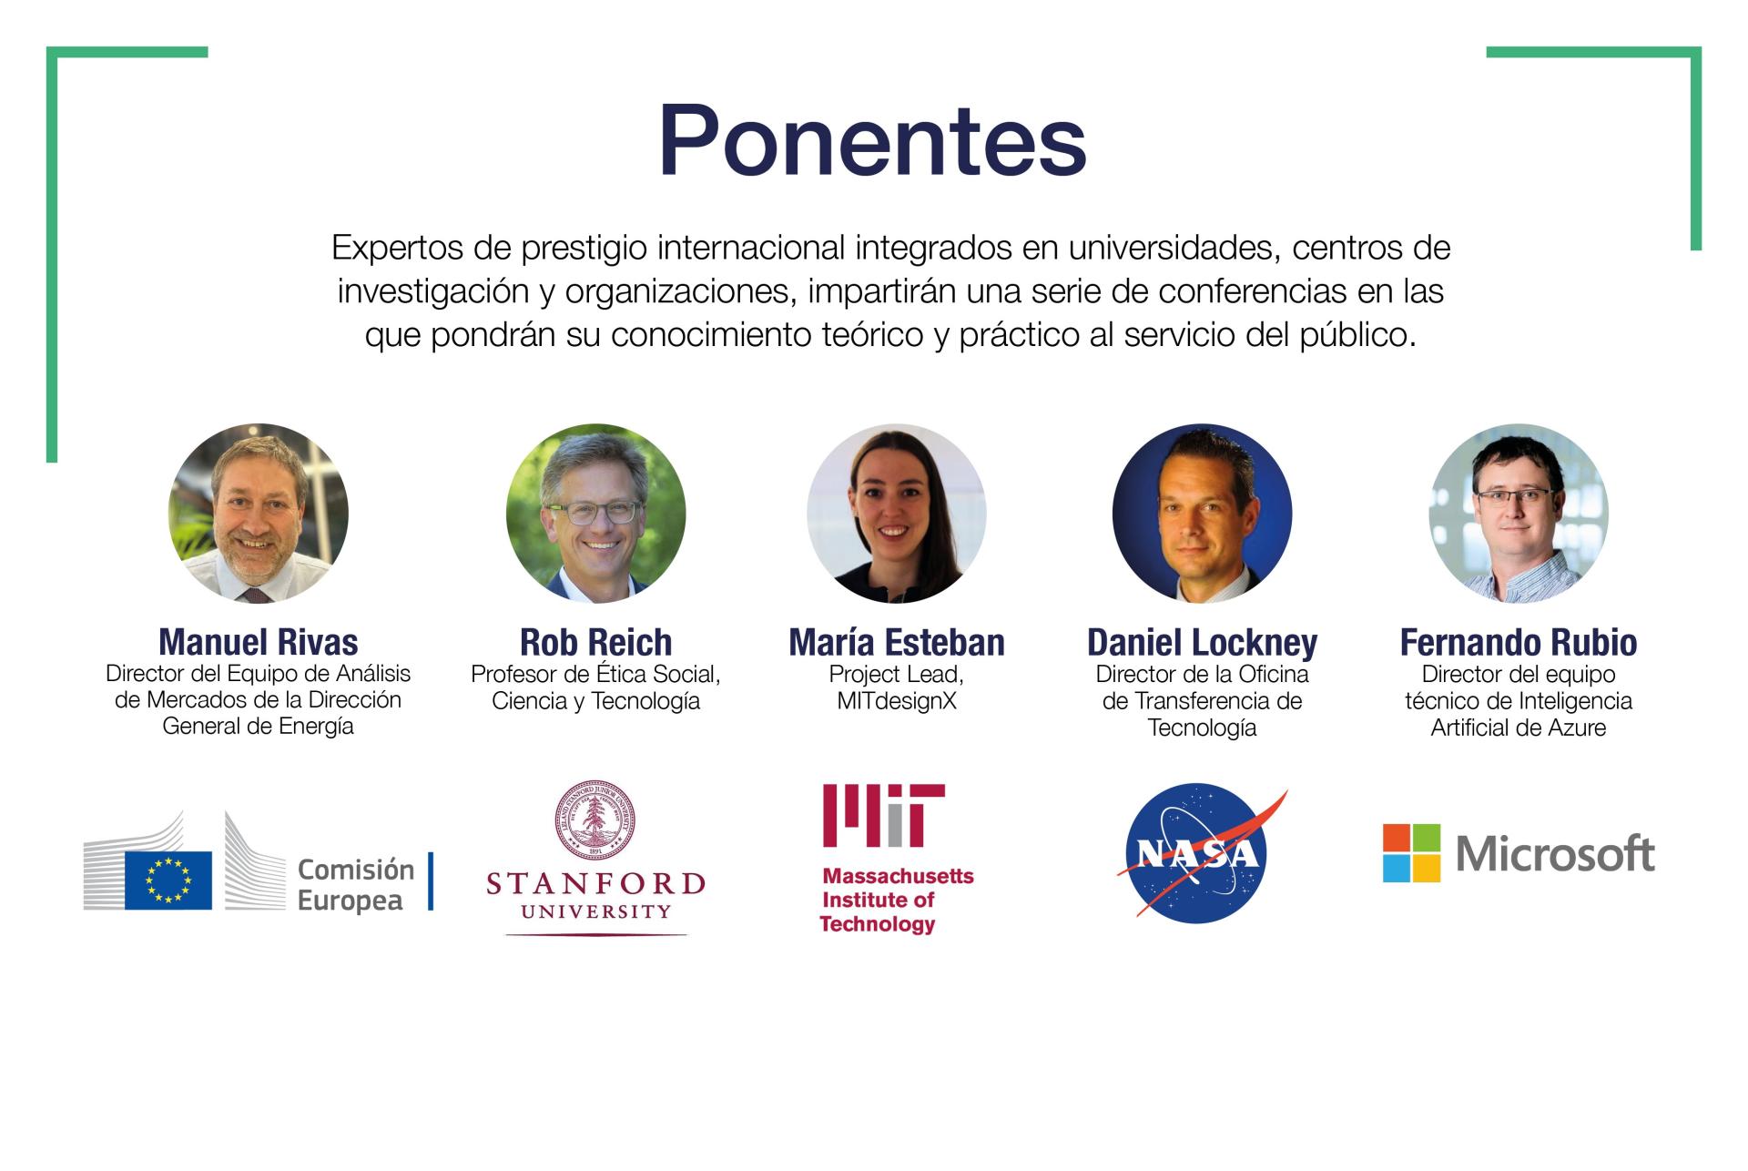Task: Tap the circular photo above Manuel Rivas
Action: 259,514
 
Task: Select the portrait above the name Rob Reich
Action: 596,514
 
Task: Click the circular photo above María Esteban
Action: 897,514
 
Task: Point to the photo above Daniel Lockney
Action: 1202,514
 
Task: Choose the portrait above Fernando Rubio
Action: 1519,514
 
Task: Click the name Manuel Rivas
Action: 259,643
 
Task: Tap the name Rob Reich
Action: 596,643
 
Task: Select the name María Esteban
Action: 897,643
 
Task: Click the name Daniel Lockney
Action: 1202,643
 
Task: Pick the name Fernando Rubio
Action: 1519,643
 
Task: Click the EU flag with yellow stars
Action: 168,881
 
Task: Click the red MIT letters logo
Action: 883,816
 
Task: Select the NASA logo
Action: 1202,854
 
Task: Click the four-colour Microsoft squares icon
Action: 1411,853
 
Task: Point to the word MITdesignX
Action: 897,701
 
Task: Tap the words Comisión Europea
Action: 356,885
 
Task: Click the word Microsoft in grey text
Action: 1555,854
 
